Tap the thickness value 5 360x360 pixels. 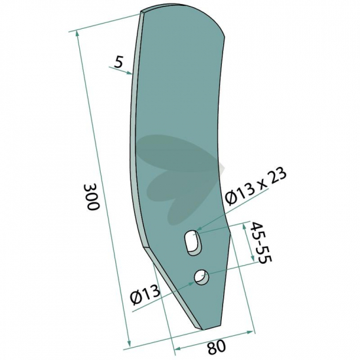coord(118,62)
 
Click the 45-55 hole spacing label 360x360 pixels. coord(261,243)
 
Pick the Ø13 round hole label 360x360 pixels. coord(145,295)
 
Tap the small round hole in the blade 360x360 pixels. coord(202,277)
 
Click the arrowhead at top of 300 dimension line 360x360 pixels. coord(77,35)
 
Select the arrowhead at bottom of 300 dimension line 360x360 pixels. coord(129,343)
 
